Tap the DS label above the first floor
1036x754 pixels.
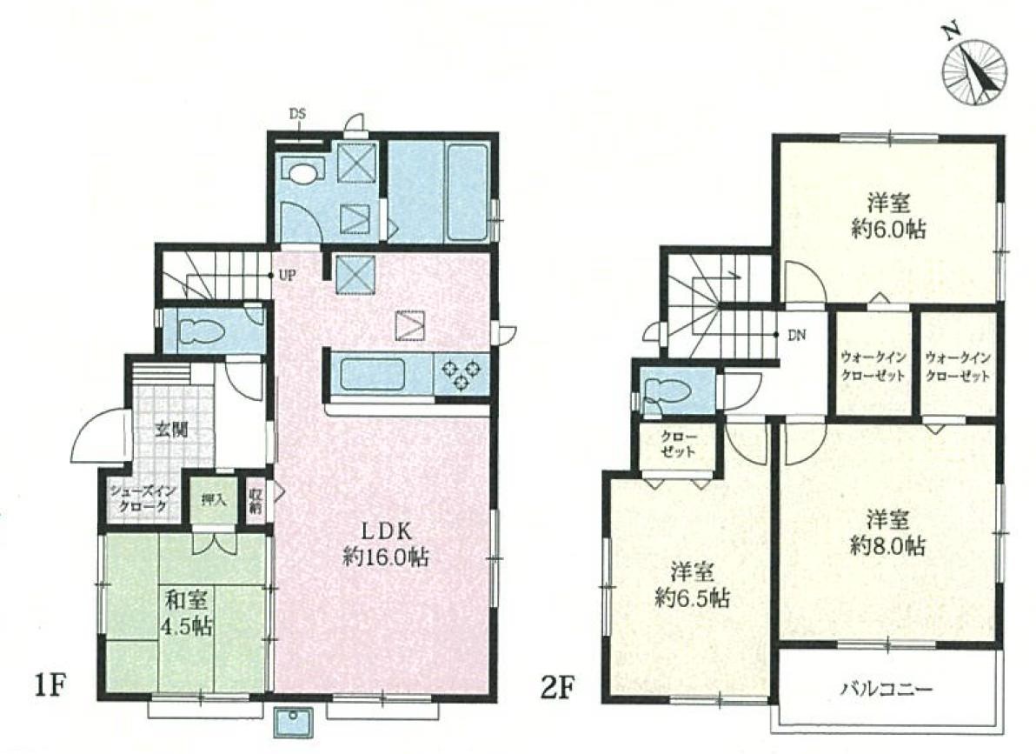298,114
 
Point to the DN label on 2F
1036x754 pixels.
797,336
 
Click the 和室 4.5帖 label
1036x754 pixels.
189,613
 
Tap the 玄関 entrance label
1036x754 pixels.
171,430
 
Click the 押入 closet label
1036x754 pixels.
214,499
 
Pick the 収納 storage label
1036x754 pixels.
256,501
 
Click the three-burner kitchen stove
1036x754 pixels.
461,375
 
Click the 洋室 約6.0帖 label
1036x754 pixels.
888,215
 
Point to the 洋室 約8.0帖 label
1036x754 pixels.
887,533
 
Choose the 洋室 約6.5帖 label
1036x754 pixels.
692,584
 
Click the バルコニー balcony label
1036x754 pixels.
887,690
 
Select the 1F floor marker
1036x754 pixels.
49,687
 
